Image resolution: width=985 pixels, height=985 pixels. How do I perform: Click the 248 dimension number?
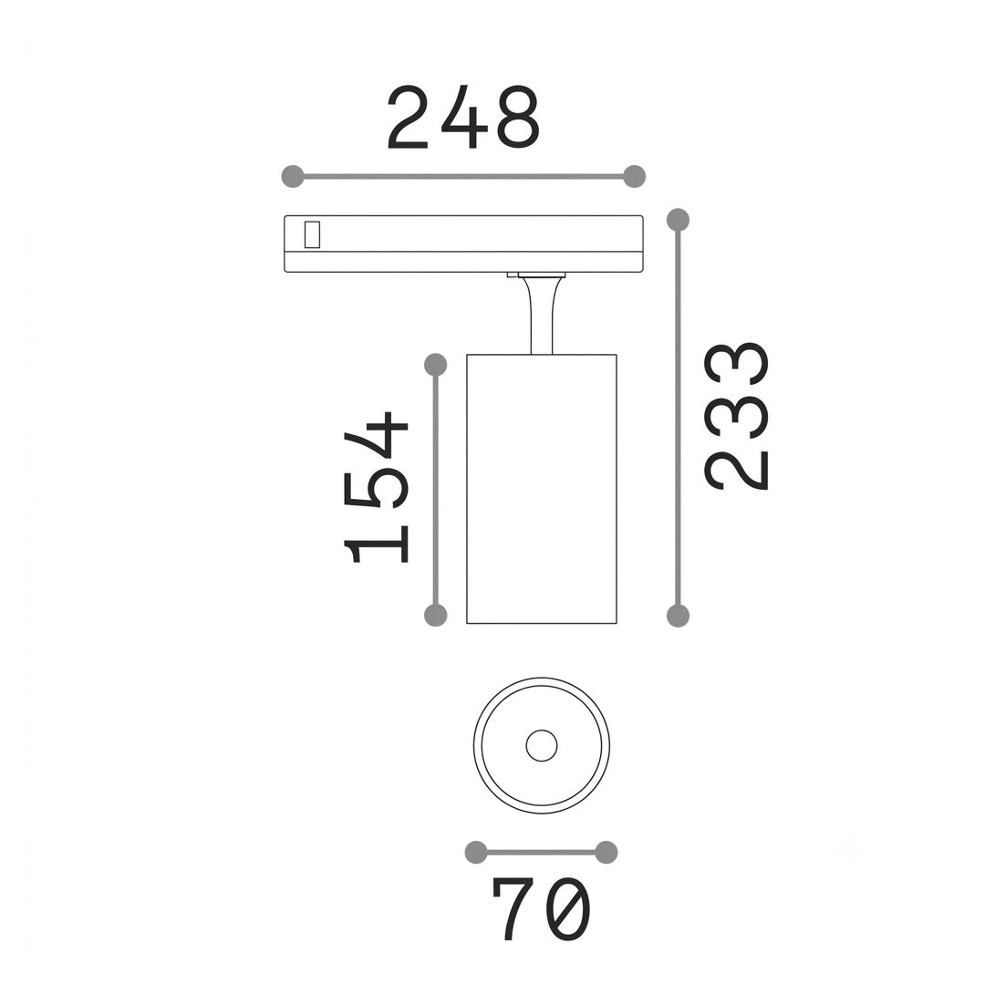[x=463, y=118]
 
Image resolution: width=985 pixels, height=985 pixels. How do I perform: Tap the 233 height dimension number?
[x=736, y=416]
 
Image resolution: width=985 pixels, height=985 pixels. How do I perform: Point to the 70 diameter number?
[x=542, y=908]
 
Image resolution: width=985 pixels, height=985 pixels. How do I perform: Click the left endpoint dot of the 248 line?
[x=293, y=177]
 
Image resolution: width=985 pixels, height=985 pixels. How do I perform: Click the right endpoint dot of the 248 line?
[x=635, y=177]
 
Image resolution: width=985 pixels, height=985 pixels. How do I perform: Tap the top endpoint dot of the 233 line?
[x=678, y=220]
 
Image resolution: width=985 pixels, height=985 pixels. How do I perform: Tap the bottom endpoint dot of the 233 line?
[x=678, y=616]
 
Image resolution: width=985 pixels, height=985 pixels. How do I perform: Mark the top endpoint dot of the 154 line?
[x=436, y=364]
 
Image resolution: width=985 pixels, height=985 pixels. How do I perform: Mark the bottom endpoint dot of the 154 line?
[x=436, y=615]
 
